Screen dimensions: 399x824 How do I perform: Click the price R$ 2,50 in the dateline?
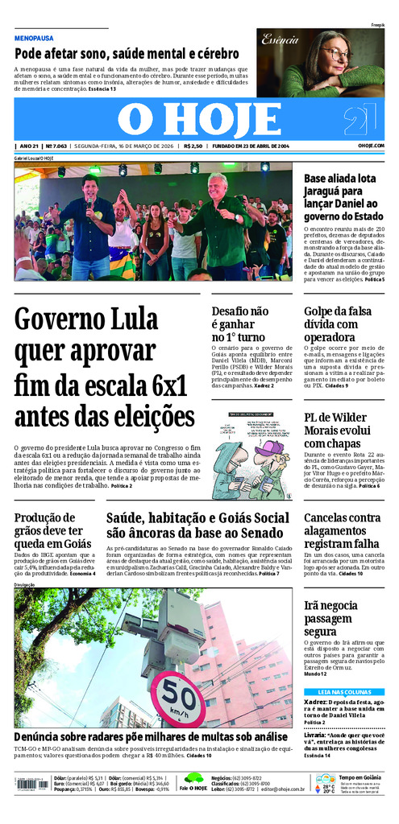pos(193,146)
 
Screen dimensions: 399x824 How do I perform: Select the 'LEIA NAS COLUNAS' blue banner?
pos(344,691)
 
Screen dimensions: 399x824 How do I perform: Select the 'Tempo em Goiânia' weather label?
pos(360,777)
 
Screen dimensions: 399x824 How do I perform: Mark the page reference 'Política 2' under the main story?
pos(122,487)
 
